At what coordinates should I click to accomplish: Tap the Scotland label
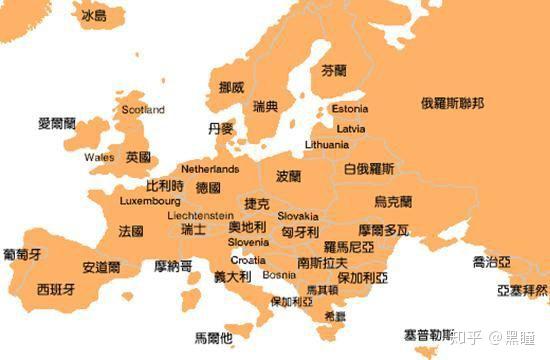pos(142,109)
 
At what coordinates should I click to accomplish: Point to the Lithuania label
pos(326,145)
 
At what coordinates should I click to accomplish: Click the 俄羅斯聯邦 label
pos(452,103)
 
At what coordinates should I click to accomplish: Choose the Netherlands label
pos(210,170)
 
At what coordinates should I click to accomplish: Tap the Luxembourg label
pos(149,201)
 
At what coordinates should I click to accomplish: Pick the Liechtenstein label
pos(200,215)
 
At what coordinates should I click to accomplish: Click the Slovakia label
pos(298,216)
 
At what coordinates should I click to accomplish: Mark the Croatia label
pos(248,259)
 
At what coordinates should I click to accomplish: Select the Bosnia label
pos(279,274)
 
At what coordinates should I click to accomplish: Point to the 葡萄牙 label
pos(21,254)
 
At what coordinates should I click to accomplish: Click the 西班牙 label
pos(55,289)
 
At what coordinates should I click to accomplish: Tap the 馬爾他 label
pos(212,337)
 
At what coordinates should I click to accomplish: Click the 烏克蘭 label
pos(392,202)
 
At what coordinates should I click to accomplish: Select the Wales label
pos(99,158)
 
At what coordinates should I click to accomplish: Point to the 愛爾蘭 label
pos(57,124)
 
